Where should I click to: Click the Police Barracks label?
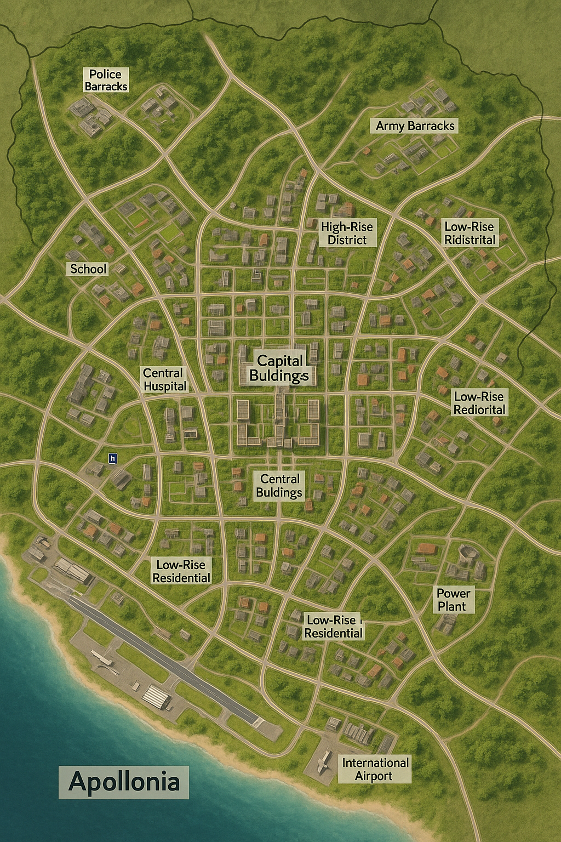pos(106,80)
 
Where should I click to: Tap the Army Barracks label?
pos(415,126)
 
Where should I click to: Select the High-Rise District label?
pos(347,233)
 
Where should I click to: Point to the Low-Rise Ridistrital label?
pos(470,233)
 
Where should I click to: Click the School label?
pos(88,269)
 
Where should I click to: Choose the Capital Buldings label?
pos(279,368)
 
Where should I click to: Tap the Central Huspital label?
pos(164,379)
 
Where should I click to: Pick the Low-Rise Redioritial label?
pos(479,403)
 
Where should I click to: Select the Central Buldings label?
pos(279,486)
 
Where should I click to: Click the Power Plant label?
pos(453,600)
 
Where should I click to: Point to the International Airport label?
pos(375,769)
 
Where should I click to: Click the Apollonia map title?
pos(124,782)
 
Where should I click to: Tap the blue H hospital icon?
pos(113,458)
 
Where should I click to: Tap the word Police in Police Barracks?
pos(105,74)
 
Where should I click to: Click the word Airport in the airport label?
pos(374,776)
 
